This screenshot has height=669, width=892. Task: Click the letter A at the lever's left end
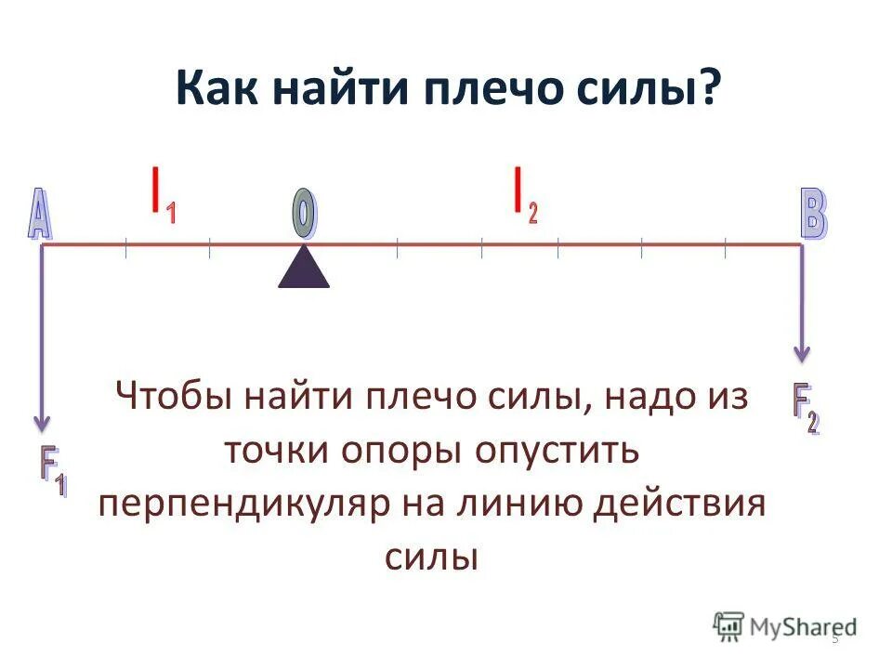40,216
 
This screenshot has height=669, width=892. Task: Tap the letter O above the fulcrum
304,213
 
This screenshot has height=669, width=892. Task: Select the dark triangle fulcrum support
304,268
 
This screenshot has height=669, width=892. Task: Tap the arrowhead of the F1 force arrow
41,423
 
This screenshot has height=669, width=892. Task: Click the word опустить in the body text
558,452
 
